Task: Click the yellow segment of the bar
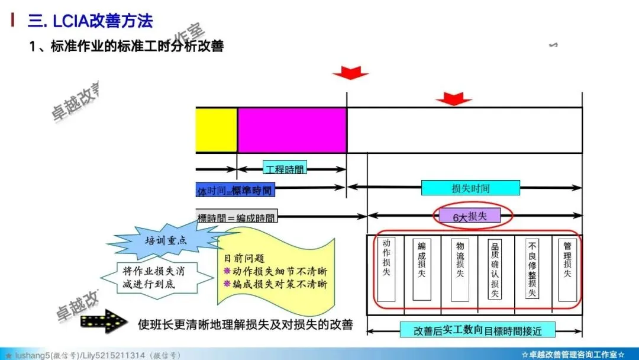[217, 130]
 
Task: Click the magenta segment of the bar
[292, 130]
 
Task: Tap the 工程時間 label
[285, 169]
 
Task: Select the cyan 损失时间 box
[470, 188]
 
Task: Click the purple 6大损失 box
[470, 217]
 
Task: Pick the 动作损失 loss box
[386, 269]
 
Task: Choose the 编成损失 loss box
[422, 269]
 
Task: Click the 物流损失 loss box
[460, 269]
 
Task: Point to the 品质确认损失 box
[495, 269]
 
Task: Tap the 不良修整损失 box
[532, 269]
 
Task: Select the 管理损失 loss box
[567, 269]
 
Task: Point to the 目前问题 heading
[244, 259]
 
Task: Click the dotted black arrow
[103, 321]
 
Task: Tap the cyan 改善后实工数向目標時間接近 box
[477, 330]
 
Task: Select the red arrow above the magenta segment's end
[350, 73]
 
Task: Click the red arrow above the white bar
[454, 98]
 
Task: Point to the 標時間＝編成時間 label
[237, 217]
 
